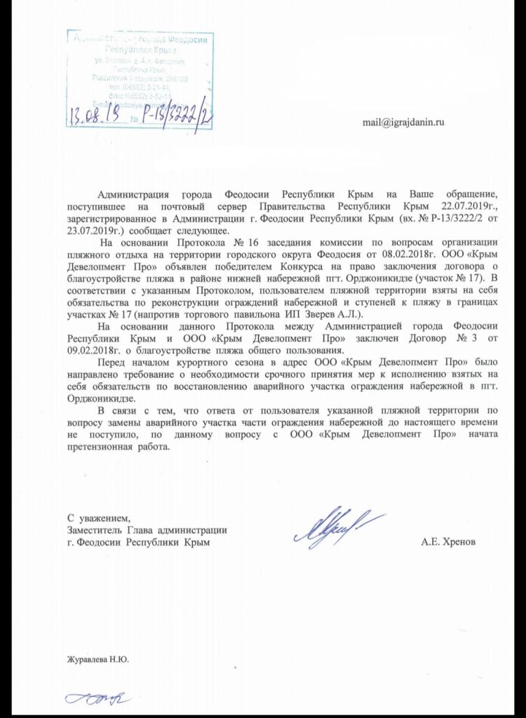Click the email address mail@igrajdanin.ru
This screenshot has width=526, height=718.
403,121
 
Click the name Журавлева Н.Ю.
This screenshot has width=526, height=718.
98,659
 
